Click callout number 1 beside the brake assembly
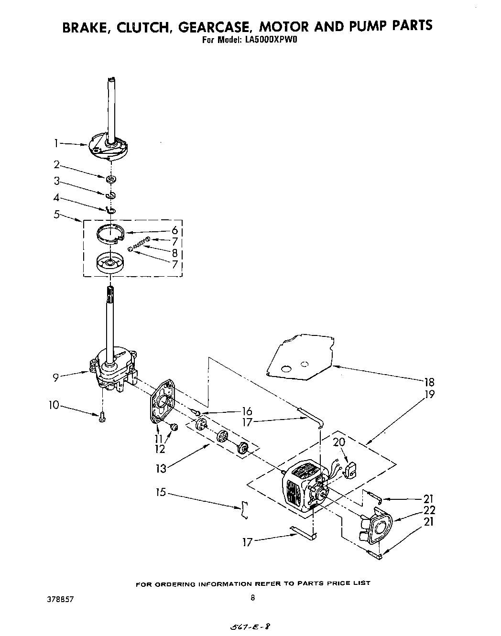click(56, 142)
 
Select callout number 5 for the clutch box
click(56, 215)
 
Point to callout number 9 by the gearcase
click(56, 377)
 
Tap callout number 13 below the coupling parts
click(161, 468)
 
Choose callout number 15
click(161, 491)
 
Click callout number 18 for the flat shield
click(429, 382)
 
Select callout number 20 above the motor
click(339, 442)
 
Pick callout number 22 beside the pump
click(429, 511)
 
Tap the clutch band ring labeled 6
click(110, 234)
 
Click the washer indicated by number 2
click(111, 179)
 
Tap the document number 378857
click(61, 598)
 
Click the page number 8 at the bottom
click(252, 597)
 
